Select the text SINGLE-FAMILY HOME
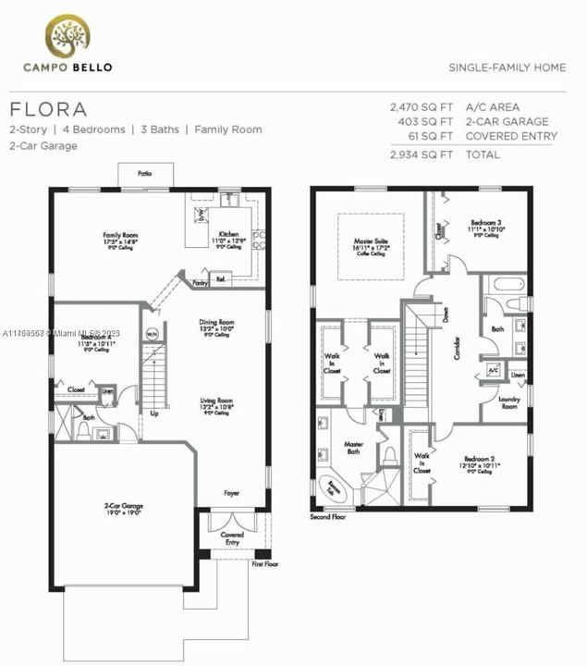[x=507, y=68]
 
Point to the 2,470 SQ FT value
[x=418, y=106]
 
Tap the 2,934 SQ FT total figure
[x=418, y=154]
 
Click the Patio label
[x=144, y=173]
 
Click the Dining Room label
[x=217, y=323]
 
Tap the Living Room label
[x=217, y=401]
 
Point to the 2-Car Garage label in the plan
[x=123, y=506]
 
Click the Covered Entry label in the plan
[x=232, y=538]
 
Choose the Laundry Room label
[x=508, y=401]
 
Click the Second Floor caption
[x=328, y=517]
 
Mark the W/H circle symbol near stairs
[x=152, y=334]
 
